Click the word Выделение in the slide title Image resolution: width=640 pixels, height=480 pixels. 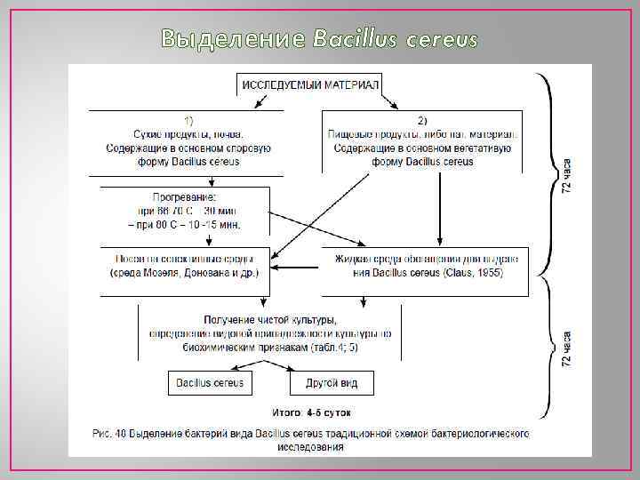pyautogui.click(x=233, y=39)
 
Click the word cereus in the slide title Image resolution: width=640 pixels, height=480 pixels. pyautogui.click(x=441, y=39)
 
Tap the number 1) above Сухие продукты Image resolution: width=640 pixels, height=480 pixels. pyautogui.click(x=190, y=119)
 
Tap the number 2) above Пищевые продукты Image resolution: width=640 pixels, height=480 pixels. pyautogui.click(x=422, y=119)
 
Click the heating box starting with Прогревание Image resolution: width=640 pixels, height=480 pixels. pyautogui.click(x=185, y=211)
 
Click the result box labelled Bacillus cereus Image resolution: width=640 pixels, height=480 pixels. pyautogui.click(x=210, y=383)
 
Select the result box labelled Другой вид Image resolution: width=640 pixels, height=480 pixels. pyautogui.click(x=331, y=383)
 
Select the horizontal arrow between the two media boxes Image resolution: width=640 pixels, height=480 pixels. pyautogui.click(x=295, y=266)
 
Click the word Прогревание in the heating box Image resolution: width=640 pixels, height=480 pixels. pyautogui.click(x=185, y=197)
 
